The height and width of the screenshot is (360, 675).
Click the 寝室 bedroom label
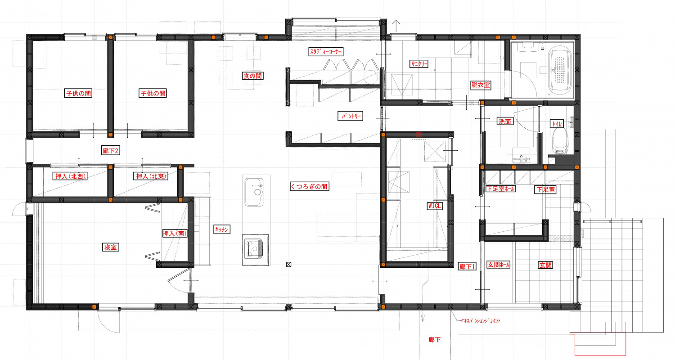110,247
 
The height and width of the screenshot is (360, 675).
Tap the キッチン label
222,229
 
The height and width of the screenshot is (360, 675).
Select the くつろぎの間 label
309,186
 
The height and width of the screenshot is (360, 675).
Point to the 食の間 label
253,76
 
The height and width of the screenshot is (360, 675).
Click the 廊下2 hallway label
111,151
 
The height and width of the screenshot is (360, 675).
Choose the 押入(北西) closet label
70,176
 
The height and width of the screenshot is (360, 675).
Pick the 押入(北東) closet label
151,176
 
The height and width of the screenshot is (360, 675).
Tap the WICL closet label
435,206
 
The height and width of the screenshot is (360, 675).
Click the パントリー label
351,116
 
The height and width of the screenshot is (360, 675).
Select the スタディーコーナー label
326,51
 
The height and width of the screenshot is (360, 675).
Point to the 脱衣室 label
481,85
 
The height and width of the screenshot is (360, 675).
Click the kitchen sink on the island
254,192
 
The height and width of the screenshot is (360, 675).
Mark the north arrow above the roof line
396,26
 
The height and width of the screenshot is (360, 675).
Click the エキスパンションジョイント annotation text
480,321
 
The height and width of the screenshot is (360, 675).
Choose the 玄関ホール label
499,265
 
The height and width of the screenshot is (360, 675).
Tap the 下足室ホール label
500,189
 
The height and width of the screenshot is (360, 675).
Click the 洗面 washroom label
505,121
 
